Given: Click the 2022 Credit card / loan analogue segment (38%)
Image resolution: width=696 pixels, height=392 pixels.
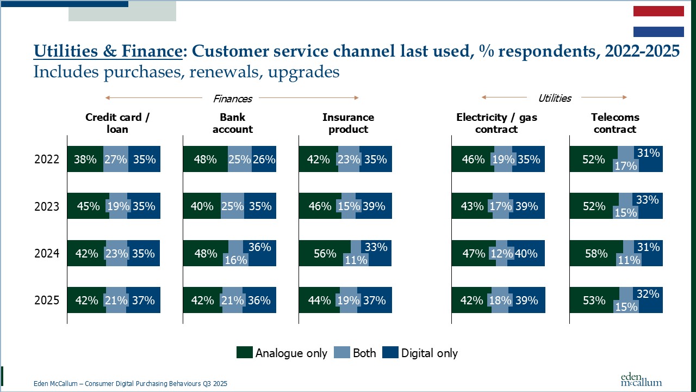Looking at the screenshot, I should pos(85,160).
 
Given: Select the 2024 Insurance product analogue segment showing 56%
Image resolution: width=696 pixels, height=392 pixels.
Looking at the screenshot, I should pos(325,253).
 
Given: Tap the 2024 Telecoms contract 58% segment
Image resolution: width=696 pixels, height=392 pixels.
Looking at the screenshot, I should pos(596,253).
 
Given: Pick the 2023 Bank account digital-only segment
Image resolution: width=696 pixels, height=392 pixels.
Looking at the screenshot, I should pos(260,206).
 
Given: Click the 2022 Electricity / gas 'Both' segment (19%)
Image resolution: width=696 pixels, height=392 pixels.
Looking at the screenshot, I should pos(503,160).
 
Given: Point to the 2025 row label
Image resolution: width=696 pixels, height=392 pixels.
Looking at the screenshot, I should pos(46,300).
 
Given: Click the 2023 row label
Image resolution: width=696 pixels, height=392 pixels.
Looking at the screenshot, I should pos(46,206).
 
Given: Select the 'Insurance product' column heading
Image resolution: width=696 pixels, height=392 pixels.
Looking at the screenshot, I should pos(348,123).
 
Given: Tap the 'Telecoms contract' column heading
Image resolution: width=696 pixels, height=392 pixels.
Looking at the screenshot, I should pos(615,123).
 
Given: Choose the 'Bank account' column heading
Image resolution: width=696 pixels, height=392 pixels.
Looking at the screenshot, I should pos(232,123).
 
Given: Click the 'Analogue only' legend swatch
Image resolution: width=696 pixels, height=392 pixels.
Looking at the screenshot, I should pos(245,353).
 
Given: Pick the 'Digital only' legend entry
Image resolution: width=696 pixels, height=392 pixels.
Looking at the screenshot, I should pos(420,353).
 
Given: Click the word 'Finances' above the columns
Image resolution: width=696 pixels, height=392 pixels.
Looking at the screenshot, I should pos(232,99).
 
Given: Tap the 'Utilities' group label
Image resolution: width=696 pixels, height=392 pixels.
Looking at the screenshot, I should pos(554,98).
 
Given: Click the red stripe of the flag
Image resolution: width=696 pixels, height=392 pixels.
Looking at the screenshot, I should pos(658,11).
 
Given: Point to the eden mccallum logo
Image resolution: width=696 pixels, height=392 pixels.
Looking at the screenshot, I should pos(641,379).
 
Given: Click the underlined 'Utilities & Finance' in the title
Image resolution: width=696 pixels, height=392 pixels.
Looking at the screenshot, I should pos(107,51).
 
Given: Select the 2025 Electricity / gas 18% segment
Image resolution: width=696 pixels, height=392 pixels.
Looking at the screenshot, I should pos(500,300).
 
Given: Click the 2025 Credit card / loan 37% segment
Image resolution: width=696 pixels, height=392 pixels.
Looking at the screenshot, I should pos(144,300).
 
